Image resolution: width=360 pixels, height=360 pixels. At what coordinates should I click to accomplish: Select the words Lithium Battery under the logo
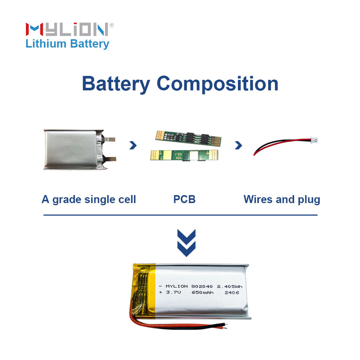point(67,44)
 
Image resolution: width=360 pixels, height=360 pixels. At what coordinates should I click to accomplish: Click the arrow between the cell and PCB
point(132,145)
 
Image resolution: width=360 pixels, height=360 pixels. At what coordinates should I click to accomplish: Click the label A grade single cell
point(88,199)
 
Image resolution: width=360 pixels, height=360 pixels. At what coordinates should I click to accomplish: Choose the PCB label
point(184,199)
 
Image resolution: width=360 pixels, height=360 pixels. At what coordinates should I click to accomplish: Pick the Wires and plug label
point(282,199)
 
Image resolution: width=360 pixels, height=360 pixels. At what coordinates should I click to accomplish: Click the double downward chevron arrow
point(186,243)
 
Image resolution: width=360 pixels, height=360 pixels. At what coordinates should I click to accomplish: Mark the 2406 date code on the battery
point(232,293)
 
